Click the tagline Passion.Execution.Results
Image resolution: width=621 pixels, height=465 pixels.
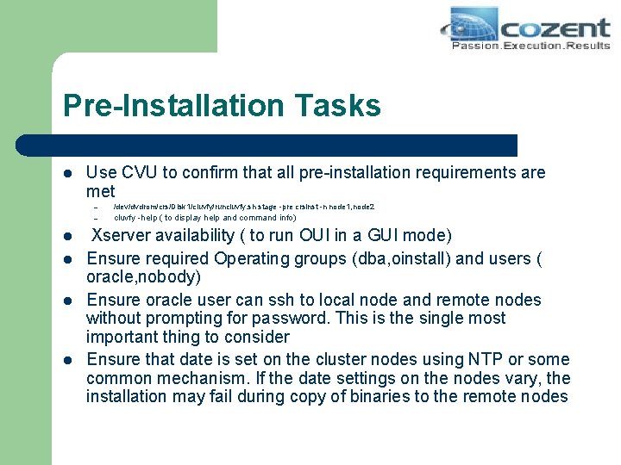[x=530, y=45]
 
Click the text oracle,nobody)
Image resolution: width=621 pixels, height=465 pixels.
[x=143, y=277]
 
